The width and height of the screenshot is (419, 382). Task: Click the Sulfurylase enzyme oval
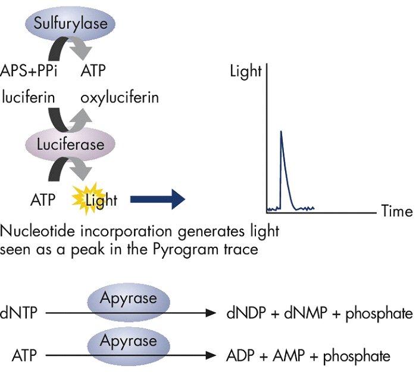click(x=70, y=24)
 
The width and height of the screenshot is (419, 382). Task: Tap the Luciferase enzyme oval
click(x=70, y=144)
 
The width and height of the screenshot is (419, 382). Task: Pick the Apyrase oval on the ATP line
click(x=129, y=343)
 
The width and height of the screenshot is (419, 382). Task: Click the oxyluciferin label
click(x=120, y=96)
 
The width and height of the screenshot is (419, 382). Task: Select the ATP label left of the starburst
click(x=43, y=200)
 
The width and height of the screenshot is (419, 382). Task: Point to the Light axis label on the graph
click(x=245, y=72)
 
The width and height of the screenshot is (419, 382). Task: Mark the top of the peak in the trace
click(x=280, y=131)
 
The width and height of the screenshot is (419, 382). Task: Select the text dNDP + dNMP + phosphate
click(x=319, y=313)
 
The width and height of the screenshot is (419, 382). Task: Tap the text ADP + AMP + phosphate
click(x=308, y=356)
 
